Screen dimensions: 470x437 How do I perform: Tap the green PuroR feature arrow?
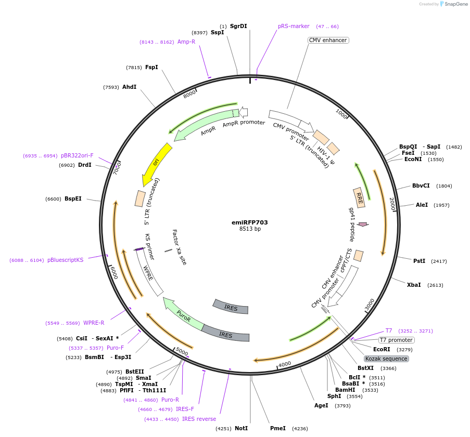pos(183,314)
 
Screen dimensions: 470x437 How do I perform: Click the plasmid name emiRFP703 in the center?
pos(250,222)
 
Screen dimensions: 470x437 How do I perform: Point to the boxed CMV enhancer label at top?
pos(328,40)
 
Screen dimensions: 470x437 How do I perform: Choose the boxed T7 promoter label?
pos(396,340)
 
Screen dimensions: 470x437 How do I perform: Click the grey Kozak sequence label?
pos(386,359)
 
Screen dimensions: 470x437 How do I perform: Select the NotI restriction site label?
pos(242,428)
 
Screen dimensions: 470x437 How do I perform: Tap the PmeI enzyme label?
pos(278,428)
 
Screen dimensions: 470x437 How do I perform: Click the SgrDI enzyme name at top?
pos(238,26)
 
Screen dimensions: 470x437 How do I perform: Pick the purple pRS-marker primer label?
pos(294,26)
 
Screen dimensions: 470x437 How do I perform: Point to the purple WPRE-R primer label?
pos(94,323)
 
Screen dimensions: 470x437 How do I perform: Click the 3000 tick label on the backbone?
pos(370,304)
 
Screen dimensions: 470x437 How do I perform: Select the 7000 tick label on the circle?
pos(117,168)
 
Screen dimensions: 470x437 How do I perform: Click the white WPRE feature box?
pos(149,272)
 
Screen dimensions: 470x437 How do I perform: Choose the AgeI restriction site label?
pos(321,406)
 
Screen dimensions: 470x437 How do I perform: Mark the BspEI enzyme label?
pos(73,198)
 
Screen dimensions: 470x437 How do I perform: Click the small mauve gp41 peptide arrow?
pos(363,224)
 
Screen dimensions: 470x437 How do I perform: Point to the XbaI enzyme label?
pos(414,285)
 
